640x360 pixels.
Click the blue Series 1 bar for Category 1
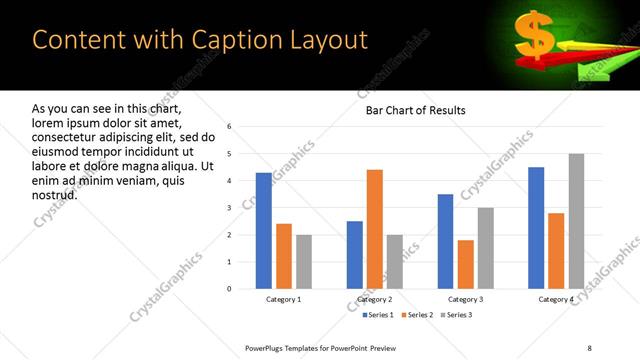[264, 231]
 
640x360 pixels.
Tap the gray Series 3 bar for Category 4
[575, 221]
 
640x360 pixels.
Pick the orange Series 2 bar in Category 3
[465, 264]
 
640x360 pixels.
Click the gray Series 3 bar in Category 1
[303, 262]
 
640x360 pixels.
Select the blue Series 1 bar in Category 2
[354, 255]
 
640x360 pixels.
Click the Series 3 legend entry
[454, 315]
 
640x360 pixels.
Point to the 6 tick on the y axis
[230, 127]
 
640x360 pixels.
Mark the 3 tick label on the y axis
[230, 208]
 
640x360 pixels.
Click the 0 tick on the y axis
[230, 289]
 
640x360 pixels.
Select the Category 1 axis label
[284, 299]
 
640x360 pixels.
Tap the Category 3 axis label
[465, 299]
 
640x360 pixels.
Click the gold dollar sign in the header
[535, 35]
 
